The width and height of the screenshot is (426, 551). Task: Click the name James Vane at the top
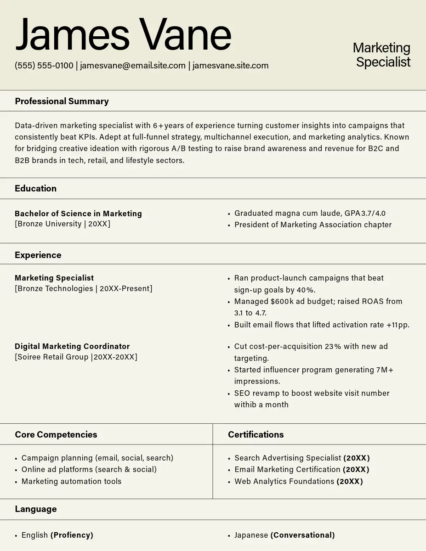(x=123, y=34)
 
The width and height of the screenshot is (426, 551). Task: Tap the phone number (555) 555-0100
(x=44, y=66)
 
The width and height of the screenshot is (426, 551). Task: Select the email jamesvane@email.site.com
(x=133, y=66)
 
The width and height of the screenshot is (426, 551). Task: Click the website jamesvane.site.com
(x=230, y=66)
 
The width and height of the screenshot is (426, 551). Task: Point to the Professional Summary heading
(x=62, y=101)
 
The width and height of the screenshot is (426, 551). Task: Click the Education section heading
(x=35, y=189)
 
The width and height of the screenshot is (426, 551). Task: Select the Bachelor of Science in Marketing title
(x=78, y=214)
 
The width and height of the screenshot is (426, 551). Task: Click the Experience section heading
(x=38, y=255)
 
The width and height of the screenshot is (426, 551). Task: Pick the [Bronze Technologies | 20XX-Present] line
(x=83, y=289)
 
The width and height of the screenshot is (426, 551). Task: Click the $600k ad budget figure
(x=281, y=302)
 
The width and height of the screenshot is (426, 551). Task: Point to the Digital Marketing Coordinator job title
(x=72, y=347)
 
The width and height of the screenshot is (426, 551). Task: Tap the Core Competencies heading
(x=56, y=435)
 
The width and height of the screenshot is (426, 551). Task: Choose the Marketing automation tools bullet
(x=71, y=482)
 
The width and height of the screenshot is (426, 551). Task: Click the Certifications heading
(x=256, y=435)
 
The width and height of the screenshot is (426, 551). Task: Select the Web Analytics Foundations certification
(x=284, y=482)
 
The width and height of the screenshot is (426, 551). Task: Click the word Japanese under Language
(x=251, y=535)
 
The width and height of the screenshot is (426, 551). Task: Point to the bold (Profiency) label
(x=72, y=535)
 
